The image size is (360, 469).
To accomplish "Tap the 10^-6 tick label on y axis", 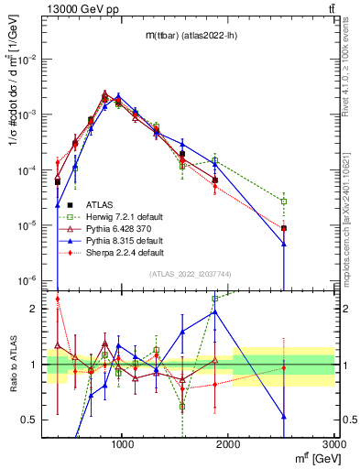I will coord(29,280).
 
